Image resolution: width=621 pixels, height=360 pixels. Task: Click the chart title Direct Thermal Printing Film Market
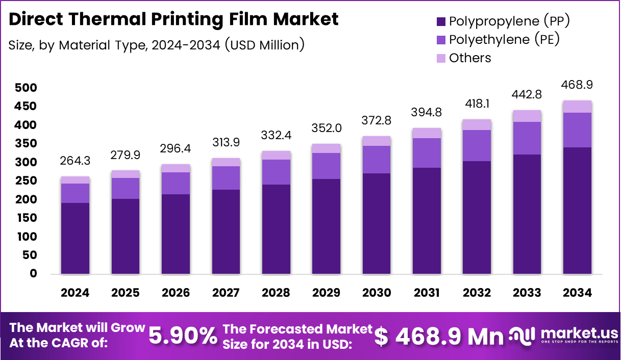pos(173,19)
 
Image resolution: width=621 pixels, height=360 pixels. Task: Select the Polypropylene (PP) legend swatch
pos(441,21)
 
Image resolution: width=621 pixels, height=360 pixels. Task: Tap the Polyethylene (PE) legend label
pos(504,39)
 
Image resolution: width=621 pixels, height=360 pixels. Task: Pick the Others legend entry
pos(470,58)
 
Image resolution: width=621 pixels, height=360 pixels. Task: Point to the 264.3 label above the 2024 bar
pos(75,161)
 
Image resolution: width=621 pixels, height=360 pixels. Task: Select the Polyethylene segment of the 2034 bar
pos(578,130)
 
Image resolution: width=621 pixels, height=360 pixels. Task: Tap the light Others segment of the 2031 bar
pos(427,133)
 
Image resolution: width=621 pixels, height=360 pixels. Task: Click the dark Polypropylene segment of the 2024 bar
pos(75,238)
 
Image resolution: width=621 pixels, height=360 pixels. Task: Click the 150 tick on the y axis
pos(27,218)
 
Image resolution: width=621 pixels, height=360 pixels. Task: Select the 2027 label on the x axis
pos(226,293)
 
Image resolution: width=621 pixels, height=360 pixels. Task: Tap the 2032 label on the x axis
pos(477,293)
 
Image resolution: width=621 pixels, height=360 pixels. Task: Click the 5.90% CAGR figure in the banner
pos(183,336)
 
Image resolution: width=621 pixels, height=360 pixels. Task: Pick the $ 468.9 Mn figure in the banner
pos(439,336)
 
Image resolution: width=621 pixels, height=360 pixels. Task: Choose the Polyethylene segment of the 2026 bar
pos(176,183)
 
